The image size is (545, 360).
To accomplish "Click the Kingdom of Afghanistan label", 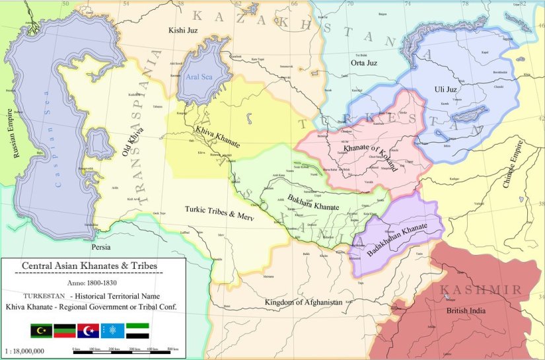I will (303, 302).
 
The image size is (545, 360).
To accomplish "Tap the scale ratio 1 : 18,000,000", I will (24, 351).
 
